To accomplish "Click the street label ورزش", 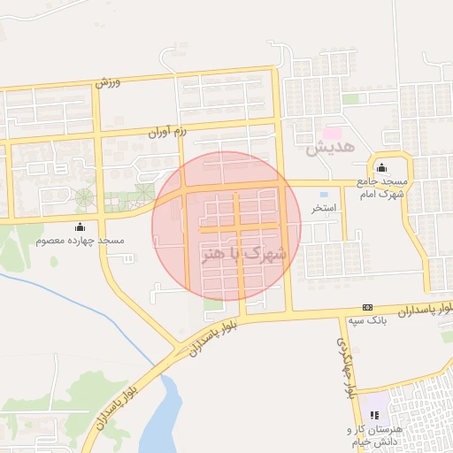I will click(x=105, y=83).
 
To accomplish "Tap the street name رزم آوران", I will click(x=170, y=131).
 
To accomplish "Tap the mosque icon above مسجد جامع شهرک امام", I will click(x=382, y=169).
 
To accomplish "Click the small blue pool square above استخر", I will click(x=323, y=194).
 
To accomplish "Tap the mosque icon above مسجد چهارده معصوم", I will click(x=81, y=226).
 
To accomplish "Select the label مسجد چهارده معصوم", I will click(x=81, y=241).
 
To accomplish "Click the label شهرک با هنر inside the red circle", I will click(x=244, y=253).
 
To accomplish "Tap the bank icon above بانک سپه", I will click(x=367, y=306).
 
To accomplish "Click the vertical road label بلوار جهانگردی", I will click(x=347, y=363).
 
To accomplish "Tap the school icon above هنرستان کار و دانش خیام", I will click(x=375, y=413).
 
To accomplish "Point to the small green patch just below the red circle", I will click(x=213, y=303).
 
